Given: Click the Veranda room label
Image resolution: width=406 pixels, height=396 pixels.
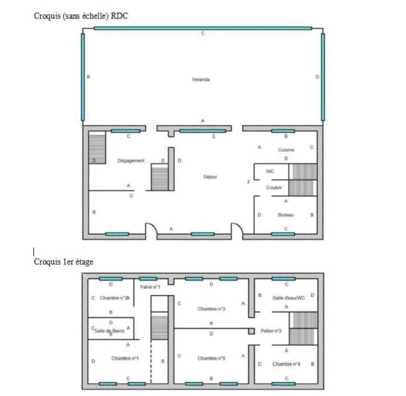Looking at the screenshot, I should pos(200,80).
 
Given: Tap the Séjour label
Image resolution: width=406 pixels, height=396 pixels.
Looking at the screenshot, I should pos(210,177).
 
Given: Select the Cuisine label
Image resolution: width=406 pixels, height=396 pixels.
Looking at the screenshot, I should pos(286,150).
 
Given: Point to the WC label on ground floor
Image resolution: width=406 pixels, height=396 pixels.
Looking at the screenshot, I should pos(270,171).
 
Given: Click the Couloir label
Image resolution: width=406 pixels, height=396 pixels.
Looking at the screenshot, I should pos(274,187).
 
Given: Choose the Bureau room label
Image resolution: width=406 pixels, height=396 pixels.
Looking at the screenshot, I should pos(286,215).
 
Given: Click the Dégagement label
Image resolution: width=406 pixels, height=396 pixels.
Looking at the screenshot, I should pos(131,161).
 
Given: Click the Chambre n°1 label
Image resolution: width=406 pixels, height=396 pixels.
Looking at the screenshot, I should pos(125,358).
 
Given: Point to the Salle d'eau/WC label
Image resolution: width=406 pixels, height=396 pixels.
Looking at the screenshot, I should pos(289,298).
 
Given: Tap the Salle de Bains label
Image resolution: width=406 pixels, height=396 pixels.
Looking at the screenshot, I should pos(109,330).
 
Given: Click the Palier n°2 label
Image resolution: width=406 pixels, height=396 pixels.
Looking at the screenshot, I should pos(271,331).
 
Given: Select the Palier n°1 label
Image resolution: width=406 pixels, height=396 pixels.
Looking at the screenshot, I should pos(150,287).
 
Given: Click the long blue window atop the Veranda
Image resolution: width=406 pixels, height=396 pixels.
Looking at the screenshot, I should pos(203,28).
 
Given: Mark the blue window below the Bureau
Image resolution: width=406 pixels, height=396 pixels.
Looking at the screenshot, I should pos(283,234).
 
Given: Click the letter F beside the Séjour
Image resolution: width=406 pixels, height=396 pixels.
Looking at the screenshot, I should pos(249,182).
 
